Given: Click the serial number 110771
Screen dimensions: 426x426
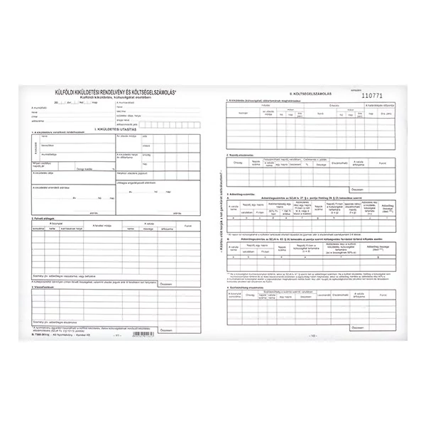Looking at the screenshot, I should coord(372,94).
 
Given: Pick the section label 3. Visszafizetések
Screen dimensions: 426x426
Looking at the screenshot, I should coord(43,288).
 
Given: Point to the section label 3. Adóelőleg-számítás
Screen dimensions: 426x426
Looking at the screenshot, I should coord(245,202).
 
